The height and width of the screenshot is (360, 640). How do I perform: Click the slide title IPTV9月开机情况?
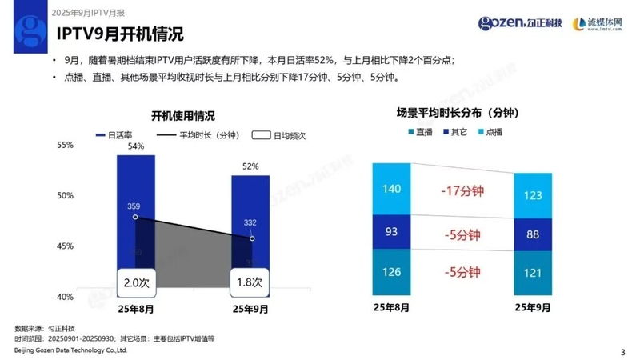(119, 34)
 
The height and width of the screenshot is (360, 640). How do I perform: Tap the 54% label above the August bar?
(135, 146)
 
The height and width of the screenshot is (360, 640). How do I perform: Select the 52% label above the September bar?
(250, 166)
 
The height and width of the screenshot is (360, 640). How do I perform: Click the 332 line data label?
(250, 222)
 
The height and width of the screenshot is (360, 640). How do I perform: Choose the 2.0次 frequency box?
(135, 282)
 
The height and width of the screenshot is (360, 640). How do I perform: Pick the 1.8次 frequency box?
(250, 282)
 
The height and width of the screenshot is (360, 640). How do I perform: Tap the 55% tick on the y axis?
(65, 145)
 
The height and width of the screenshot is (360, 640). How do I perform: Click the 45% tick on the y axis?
(65, 246)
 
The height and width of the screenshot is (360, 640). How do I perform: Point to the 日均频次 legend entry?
(279, 135)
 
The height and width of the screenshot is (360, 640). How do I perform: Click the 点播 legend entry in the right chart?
(493, 132)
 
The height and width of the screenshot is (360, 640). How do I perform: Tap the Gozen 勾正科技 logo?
(519, 23)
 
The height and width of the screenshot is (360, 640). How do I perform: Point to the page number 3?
(622, 351)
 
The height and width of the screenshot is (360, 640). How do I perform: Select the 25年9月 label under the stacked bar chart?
(533, 307)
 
